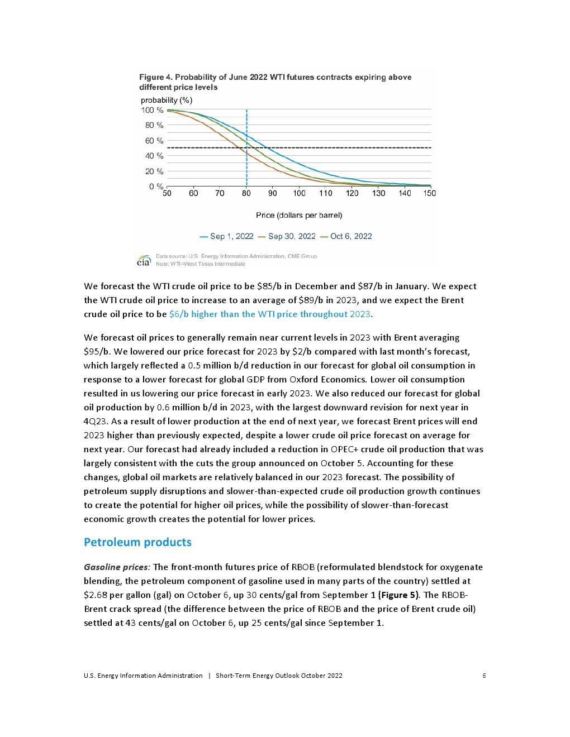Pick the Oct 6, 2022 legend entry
click(x=346, y=236)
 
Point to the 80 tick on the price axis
click(x=246, y=193)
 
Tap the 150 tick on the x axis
click(x=429, y=193)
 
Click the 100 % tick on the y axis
click(x=152, y=110)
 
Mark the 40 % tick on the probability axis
click(x=154, y=156)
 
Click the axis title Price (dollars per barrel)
click(x=299, y=215)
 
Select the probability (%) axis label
click(x=167, y=100)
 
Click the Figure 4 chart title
click(x=275, y=82)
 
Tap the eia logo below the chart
click(x=144, y=261)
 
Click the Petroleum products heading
click(x=137, y=542)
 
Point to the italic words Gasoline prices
click(x=117, y=567)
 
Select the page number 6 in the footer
click(x=484, y=676)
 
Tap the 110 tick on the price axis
click(x=326, y=193)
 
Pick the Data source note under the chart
click(x=236, y=256)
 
